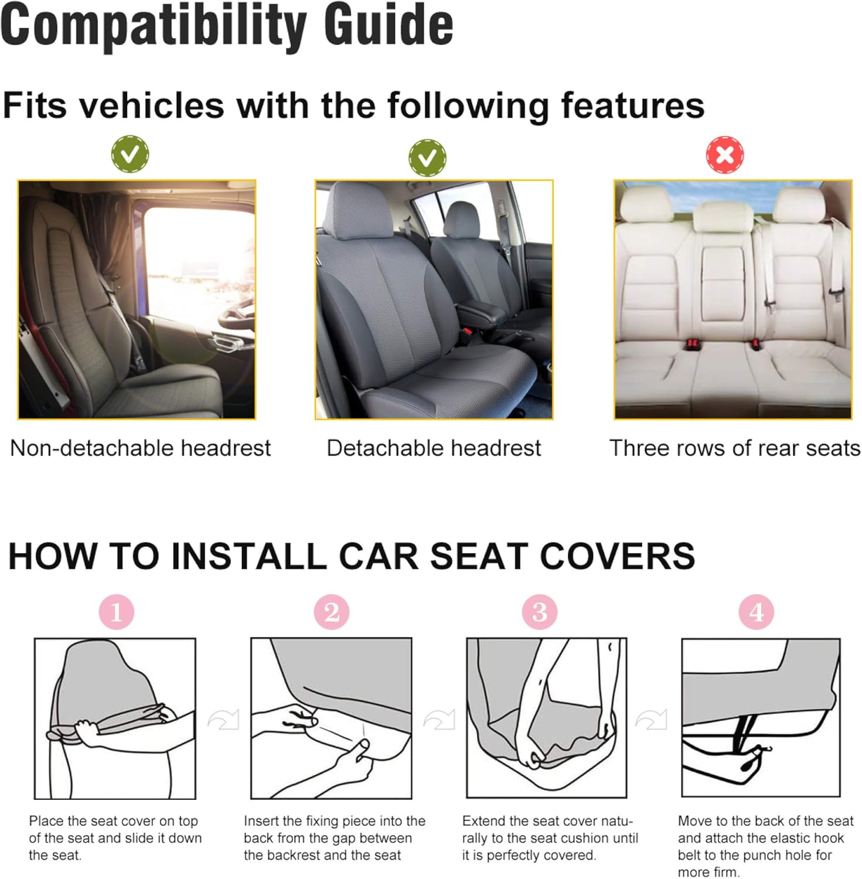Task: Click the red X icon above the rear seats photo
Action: (x=724, y=155)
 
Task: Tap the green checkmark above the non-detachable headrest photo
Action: (x=130, y=154)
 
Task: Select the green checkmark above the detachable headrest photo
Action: (x=427, y=157)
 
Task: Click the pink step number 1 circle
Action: (x=116, y=612)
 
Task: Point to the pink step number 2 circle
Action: (x=331, y=612)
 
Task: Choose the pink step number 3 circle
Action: (x=539, y=612)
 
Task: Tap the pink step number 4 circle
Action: (x=756, y=612)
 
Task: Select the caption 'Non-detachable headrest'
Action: (x=141, y=448)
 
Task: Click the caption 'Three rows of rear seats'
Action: (x=735, y=448)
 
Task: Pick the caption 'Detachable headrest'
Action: (x=434, y=448)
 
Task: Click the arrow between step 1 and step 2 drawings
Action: (x=223, y=719)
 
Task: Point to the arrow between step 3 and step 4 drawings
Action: (x=652, y=719)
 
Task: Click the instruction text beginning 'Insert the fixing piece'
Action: (x=334, y=838)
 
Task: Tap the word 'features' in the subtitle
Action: (x=632, y=105)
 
